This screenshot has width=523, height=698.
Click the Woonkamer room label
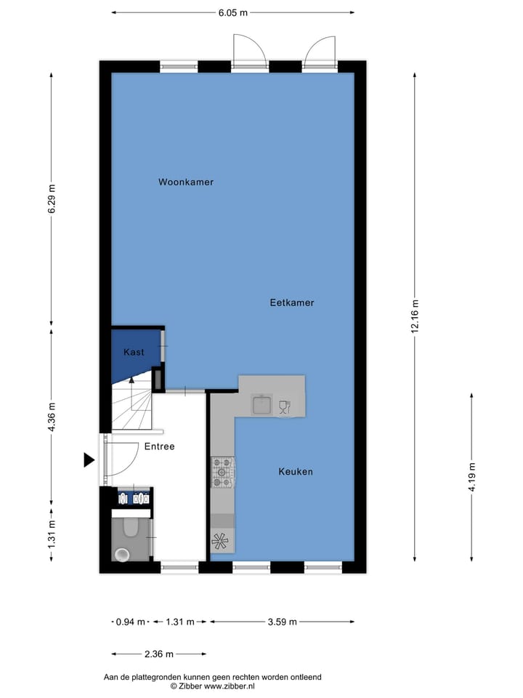click(186, 182)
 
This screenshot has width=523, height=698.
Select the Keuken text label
click(296, 472)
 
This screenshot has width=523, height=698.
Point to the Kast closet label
click(134, 352)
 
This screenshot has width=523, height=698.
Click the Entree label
click(159, 446)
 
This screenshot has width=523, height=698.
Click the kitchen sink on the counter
click(261, 404)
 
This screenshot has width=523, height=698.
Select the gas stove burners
click(222, 472)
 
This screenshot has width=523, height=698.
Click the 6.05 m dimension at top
click(233, 12)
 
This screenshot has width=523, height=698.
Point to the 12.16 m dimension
click(415, 316)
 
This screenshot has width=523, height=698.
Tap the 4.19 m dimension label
click(472, 477)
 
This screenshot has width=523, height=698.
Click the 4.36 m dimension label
click(52, 417)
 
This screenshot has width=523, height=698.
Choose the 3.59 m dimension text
click(282, 622)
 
